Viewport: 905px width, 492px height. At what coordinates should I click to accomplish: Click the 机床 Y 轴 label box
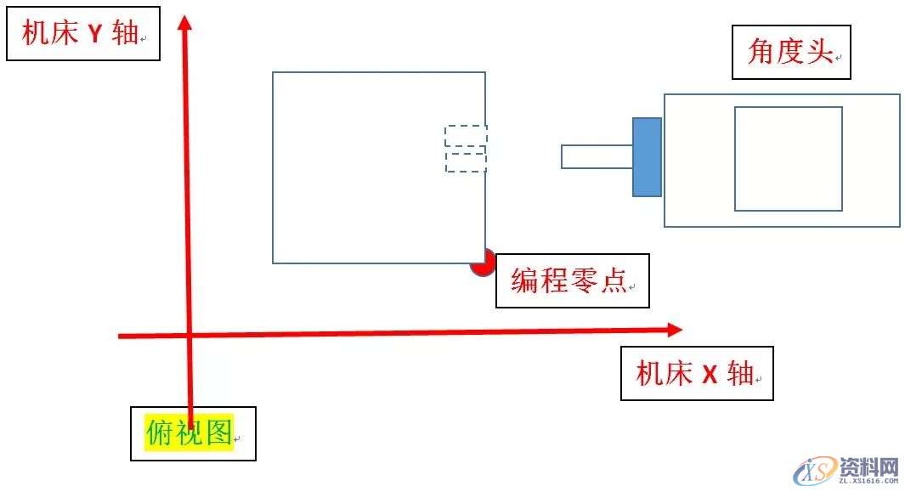[82, 34]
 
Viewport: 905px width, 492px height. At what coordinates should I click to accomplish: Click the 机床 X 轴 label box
[697, 373]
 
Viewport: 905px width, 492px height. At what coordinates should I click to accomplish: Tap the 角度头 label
[791, 53]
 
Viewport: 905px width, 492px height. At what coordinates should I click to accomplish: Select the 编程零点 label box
[572, 280]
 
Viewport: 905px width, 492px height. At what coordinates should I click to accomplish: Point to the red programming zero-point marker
[482, 263]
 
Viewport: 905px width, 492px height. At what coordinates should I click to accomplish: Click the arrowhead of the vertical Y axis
[184, 20]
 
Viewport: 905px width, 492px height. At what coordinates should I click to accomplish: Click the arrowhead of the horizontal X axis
[675, 329]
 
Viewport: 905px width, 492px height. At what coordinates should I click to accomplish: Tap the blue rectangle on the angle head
[647, 157]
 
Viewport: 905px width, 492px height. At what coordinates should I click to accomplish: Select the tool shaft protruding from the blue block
[597, 156]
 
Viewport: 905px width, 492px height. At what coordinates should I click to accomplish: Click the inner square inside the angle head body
[788, 158]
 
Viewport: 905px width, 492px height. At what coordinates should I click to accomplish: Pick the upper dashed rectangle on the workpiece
[466, 135]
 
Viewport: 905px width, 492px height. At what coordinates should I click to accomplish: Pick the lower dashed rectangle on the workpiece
[466, 161]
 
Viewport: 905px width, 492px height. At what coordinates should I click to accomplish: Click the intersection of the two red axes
[189, 335]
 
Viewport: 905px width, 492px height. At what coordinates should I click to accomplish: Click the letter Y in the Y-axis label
[95, 35]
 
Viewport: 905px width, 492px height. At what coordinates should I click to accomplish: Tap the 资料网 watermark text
[868, 467]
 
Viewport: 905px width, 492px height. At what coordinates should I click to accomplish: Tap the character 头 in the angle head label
[818, 53]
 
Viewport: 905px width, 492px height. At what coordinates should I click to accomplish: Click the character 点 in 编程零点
[612, 280]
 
